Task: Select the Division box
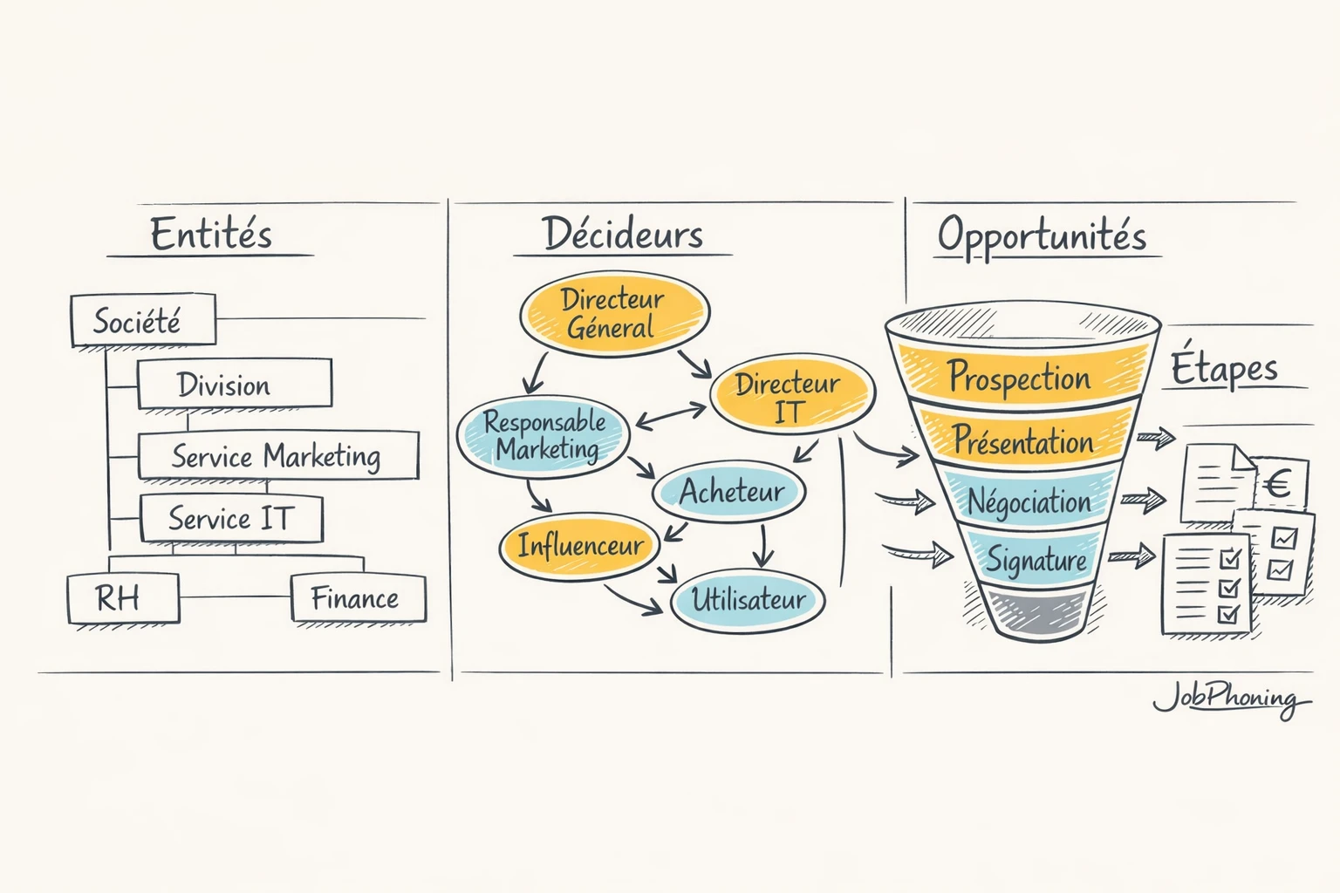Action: pos(234,384)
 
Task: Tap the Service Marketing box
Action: pos(278,455)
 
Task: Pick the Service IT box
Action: pos(231,519)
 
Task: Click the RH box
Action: pos(123,598)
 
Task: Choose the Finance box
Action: pos(358,598)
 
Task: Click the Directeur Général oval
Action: pos(614,314)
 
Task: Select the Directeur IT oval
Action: pos(790,396)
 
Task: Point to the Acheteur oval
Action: pos(729,492)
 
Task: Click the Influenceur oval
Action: pos(579,546)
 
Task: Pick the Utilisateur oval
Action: pos(748,600)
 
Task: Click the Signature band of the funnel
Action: pos(1036,559)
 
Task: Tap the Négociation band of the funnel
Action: pos(1029,501)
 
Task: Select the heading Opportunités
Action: pos(1042,235)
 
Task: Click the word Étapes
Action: pos(1224,369)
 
